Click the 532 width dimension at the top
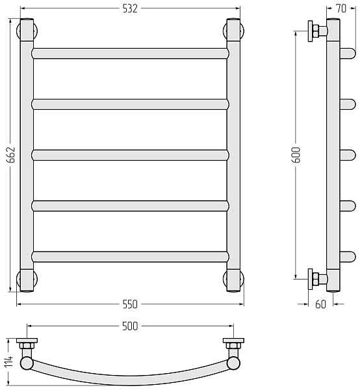click(x=130, y=8)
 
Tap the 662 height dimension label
click(x=11, y=155)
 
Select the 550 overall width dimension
click(x=130, y=304)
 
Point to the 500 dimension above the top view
click(x=130, y=326)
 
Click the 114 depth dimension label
click(x=8, y=362)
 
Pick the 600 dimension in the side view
click(x=296, y=155)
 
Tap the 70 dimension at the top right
click(x=341, y=8)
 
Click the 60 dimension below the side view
click(x=320, y=304)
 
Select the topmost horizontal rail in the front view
click(x=130, y=53)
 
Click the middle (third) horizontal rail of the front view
click(x=130, y=155)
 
